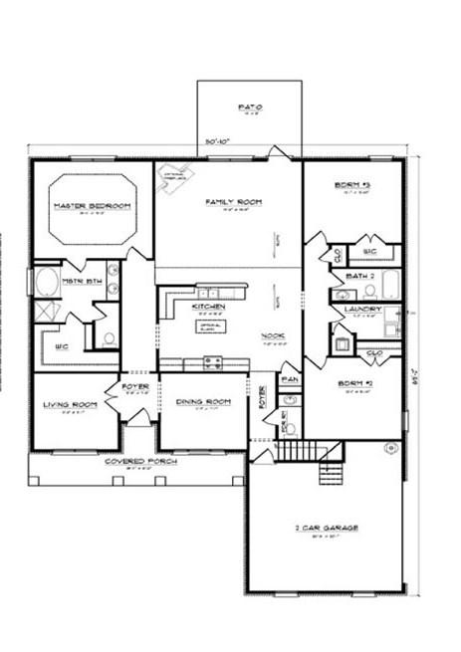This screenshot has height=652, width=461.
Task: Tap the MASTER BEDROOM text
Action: (92, 205)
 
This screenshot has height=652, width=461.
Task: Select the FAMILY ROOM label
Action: (233, 202)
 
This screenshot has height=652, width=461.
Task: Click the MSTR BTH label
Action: (80, 281)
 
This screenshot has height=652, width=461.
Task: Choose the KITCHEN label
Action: (209, 307)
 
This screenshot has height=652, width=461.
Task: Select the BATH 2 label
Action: (359, 275)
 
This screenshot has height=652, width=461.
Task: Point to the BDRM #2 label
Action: (353, 383)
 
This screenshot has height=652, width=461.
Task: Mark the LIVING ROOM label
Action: (70, 404)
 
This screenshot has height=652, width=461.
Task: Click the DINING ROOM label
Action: (203, 401)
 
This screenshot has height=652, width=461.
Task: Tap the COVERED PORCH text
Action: (135, 463)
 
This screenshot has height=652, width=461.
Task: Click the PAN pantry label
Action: (291, 379)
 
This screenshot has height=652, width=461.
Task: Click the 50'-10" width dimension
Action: (218, 141)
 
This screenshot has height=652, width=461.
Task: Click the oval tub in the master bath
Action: (45, 283)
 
